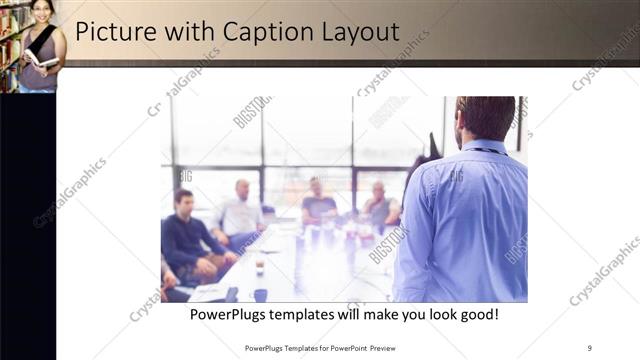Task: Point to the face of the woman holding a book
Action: click(x=40, y=11)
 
